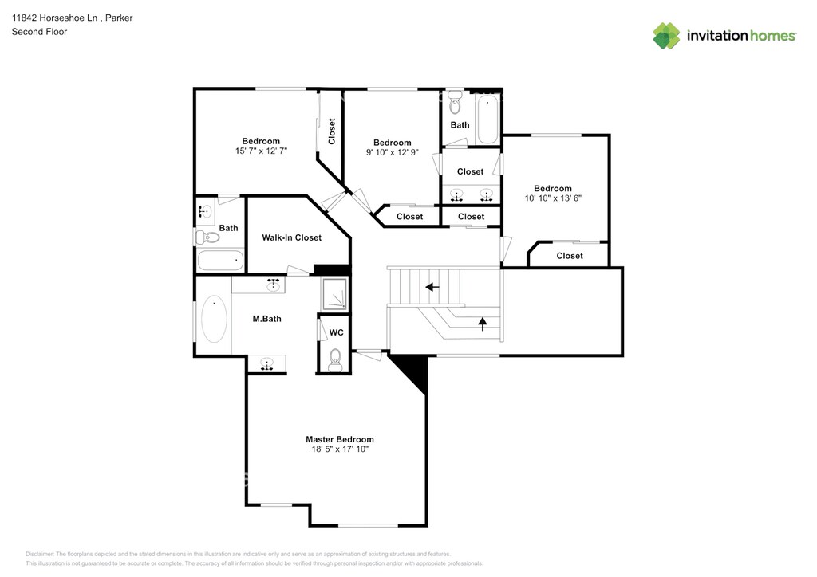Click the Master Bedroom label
tap(340, 439)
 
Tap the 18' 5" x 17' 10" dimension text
tap(340, 449)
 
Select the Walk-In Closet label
tap(291, 237)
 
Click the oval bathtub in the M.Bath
tap(214, 319)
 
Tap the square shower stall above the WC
tap(334, 295)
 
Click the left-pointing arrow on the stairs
tap(432, 287)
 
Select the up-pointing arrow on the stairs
tap(483, 324)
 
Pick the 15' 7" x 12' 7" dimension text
tap(261, 151)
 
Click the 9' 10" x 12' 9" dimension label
tap(393, 152)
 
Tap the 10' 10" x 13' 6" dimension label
tap(553, 198)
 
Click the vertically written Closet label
tap(331, 131)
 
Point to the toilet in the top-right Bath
tap(456, 102)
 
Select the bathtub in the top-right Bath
tap(487, 120)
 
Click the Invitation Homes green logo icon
tap(666, 36)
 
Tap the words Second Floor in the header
tap(40, 32)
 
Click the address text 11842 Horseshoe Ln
tap(55, 18)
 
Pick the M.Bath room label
tap(266, 319)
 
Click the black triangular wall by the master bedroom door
tap(412, 371)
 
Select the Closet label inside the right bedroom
tap(570, 256)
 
